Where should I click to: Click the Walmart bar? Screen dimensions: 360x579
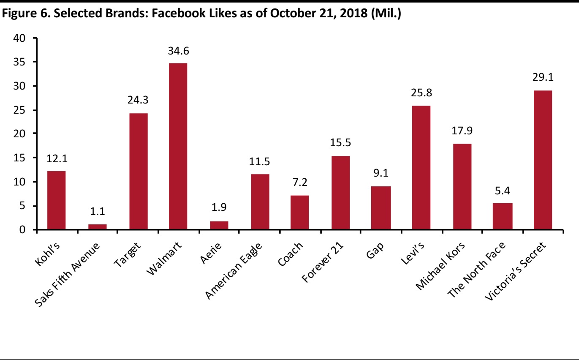point(178,146)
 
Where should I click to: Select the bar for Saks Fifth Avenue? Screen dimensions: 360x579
point(97,227)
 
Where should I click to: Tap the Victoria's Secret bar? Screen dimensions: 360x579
point(543,160)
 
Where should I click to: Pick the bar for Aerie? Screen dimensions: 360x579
point(219,226)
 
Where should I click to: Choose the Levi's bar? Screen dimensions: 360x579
point(421,168)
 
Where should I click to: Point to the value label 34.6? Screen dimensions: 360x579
point(178,52)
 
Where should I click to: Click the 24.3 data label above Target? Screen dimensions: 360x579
point(138,101)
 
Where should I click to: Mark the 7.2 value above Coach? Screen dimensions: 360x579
point(300,184)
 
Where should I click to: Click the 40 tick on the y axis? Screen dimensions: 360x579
point(20,38)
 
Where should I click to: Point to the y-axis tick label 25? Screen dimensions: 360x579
point(20,110)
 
